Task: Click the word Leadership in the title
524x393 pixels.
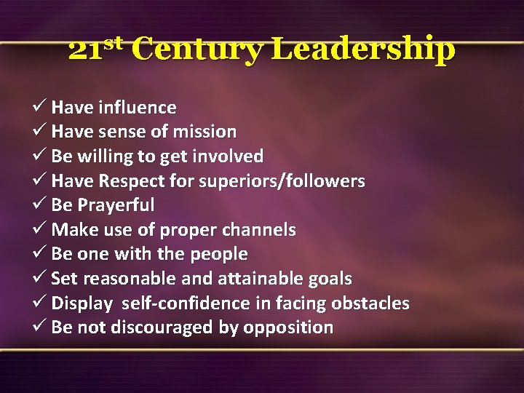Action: click(x=364, y=50)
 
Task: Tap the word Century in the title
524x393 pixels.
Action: click(x=197, y=50)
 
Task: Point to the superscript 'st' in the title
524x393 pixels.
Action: click(x=116, y=42)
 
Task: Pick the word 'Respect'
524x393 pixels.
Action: click(x=127, y=181)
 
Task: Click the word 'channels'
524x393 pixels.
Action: click(x=260, y=230)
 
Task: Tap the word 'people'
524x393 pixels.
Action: click(x=218, y=255)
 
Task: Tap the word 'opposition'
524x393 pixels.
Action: click(x=288, y=328)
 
